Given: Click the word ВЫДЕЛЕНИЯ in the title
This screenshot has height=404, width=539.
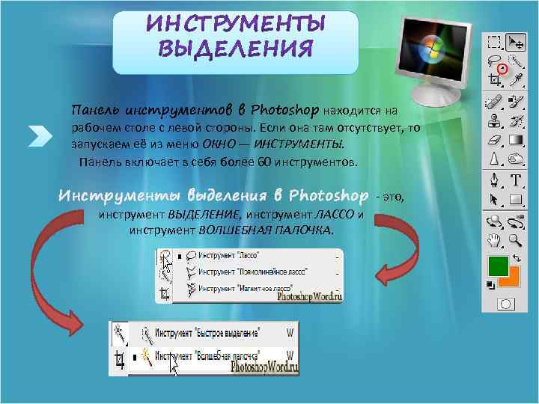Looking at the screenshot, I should point(235,50).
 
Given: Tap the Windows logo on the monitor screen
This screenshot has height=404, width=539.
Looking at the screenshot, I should point(432,51).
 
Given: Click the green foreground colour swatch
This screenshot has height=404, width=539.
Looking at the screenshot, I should point(497,266).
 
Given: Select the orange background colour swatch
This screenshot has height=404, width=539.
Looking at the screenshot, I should point(509,277).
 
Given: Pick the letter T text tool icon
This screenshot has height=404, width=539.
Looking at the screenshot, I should point(516,180).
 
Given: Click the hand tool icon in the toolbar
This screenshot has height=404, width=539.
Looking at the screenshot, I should point(494,240).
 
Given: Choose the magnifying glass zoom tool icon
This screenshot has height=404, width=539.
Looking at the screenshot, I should point(515,240).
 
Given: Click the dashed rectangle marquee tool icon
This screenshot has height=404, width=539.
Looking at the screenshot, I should point(494,41).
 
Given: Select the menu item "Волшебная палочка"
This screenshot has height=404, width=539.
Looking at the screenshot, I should point(214,353).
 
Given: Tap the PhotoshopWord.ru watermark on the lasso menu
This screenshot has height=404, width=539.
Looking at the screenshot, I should point(310,296).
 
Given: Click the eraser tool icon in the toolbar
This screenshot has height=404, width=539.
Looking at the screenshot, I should point(494,140).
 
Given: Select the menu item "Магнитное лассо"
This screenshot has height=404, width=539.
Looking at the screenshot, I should point(240,287).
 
